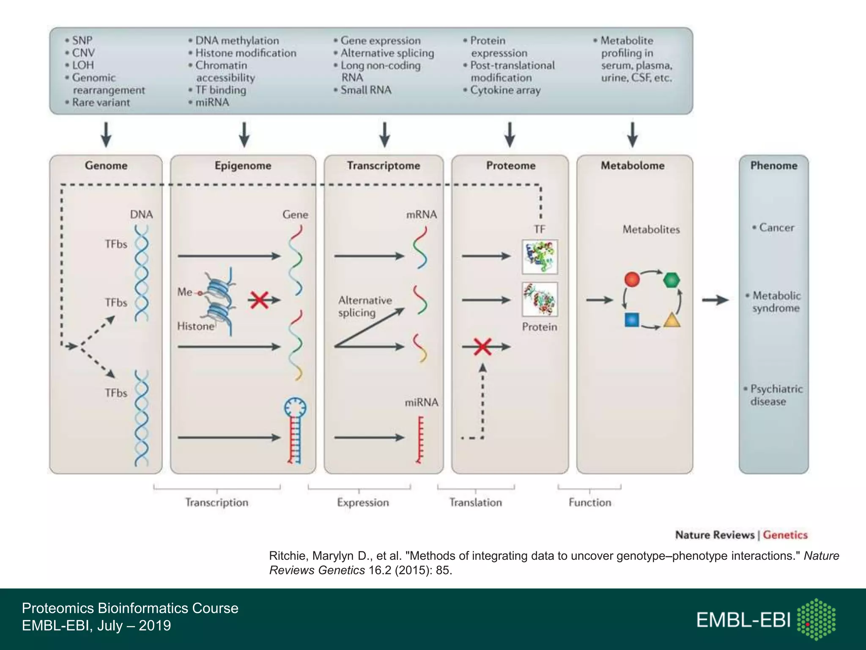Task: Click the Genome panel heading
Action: click(x=106, y=165)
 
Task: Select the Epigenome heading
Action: click(x=243, y=165)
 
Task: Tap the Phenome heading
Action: click(x=773, y=165)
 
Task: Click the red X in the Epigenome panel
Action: click(x=259, y=300)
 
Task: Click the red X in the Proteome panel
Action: click(x=482, y=347)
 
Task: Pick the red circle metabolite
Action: click(x=632, y=279)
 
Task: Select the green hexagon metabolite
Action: click(x=671, y=280)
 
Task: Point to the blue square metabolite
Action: click(x=631, y=320)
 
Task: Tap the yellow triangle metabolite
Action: click(x=671, y=320)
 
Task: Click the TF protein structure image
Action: click(x=540, y=256)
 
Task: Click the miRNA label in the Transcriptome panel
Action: click(x=421, y=402)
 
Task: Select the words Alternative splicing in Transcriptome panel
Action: click(x=364, y=306)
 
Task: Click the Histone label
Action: click(x=195, y=326)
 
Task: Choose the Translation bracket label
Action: click(x=475, y=502)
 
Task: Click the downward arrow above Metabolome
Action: click(x=632, y=135)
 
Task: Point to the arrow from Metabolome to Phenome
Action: click(x=715, y=300)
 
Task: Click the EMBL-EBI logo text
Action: click(x=743, y=620)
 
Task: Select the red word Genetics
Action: click(x=785, y=535)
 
